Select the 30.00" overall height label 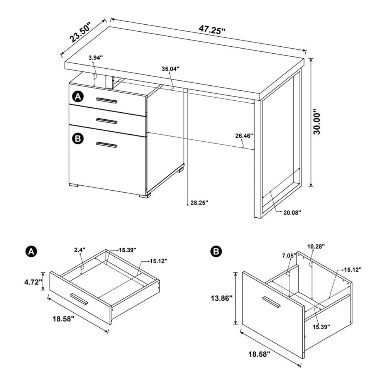coord(317,122)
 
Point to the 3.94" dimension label coord(95,58)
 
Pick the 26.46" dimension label coord(244,136)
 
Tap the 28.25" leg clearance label coord(199,202)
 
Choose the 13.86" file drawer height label coord(220,298)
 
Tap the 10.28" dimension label coord(316,246)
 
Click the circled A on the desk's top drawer coord(78,96)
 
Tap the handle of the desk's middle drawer coord(107,121)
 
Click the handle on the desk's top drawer coord(107,101)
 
